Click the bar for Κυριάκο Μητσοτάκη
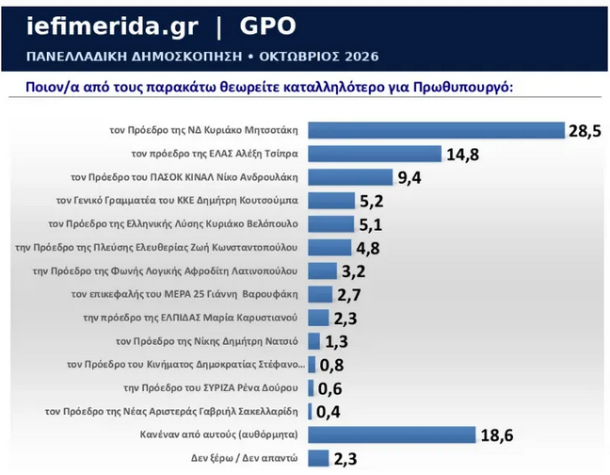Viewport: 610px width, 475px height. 436,130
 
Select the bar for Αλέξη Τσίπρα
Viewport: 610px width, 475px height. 375,154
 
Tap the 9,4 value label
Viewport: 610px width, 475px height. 409,178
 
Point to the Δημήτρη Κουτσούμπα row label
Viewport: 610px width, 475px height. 177,201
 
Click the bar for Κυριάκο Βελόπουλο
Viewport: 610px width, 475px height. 331,224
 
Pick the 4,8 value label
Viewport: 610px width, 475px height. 368,249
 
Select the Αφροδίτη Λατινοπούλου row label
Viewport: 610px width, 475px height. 165,271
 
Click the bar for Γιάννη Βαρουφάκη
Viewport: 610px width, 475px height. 320,294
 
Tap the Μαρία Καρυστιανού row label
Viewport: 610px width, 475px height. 190,318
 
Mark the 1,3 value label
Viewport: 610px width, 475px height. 336,342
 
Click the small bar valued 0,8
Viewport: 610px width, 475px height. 312,365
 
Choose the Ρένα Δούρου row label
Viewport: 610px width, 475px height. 211,387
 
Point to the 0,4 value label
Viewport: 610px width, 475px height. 328,412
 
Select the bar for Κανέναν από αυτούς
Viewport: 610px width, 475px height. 392,434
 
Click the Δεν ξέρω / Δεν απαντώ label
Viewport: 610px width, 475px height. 245,458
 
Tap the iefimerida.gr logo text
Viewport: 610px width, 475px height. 112,27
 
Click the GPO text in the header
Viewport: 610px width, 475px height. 267,26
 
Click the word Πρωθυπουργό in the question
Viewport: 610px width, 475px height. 463,87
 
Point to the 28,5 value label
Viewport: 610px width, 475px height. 585,131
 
